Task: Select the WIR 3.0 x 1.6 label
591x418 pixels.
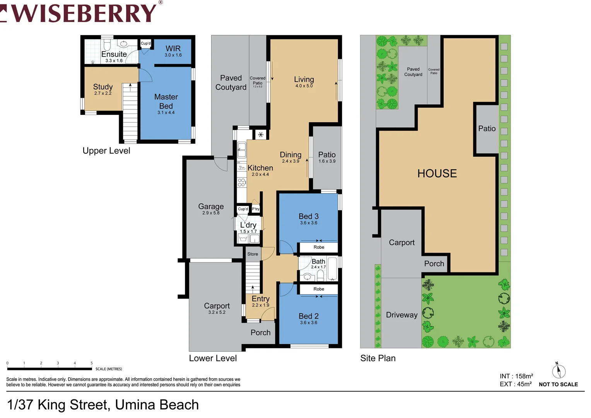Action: pyautogui.click(x=173, y=50)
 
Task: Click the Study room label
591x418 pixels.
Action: pyautogui.click(x=103, y=88)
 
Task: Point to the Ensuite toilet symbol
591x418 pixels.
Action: pyautogui.click(x=107, y=43)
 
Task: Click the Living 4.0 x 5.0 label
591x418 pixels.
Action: pyautogui.click(x=304, y=81)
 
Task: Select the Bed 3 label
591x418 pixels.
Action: pyautogui.click(x=309, y=218)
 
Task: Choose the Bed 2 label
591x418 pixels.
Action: pyautogui.click(x=309, y=318)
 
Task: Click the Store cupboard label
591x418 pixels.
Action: pyautogui.click(x=253, y=254)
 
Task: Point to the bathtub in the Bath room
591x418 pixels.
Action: pyautogui.click(x=333, y=269)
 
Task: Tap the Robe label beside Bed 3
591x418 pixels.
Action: pyautogui.click(x=319, y=247)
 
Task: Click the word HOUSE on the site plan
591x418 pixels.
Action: pyautogui.click(x=437, y=173)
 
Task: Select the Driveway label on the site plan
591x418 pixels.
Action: pyautogui.click(x=401, y=315)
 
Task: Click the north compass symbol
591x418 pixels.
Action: pyautogui.click(x=559, y=371)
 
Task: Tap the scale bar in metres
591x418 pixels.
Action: pyautogui.click(x=50, y=368)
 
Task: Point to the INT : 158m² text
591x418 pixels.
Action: pyautogui.click(x=516, y=376)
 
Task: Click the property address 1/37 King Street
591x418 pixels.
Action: pyautogui.click(x=103, y=405)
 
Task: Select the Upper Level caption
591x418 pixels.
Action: pyautogui.click(x=106, y=151)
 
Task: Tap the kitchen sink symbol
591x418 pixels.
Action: pyautogui.click(x=242, y=149)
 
